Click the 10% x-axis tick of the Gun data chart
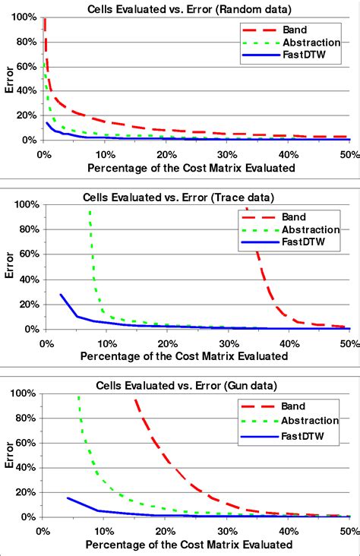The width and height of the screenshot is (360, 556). pos(104,530)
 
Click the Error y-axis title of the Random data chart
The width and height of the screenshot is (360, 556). pos(8,78)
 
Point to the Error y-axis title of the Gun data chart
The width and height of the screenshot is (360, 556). pos(8,456)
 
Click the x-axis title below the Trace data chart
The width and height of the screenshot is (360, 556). pos(190,355)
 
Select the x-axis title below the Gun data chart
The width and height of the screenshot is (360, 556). pos(189,545)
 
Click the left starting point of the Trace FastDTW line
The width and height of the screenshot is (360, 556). pos(61,295)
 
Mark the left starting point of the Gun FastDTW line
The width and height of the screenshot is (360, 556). pos(68,498)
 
